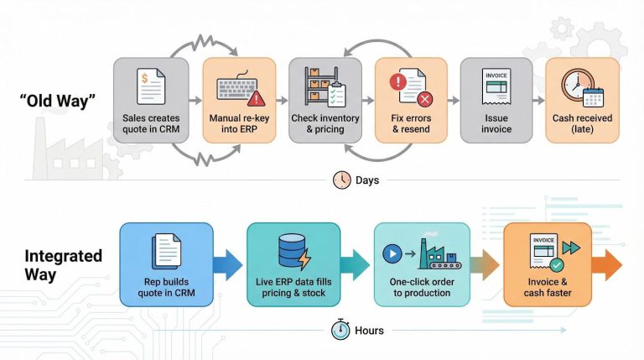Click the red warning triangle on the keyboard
pos(256,97)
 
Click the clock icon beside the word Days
pos(342,180)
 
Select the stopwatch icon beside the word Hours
pos(340,330)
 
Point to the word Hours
pos(369,330)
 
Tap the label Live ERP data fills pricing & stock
pos(294,286)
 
